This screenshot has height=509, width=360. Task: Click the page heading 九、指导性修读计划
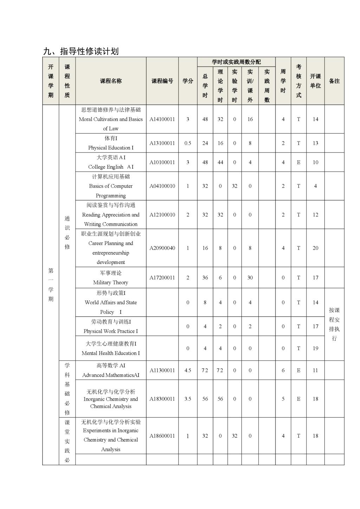pyautogui.click(x=81, y=51)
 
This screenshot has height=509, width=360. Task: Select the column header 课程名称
pyautogui.click(x=111, y=81)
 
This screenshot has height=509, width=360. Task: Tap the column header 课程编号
pyautogui.click(x=162, y=81)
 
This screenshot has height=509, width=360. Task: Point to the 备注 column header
pyautogui.click(x=334, y=81)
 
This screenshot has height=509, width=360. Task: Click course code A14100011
pyautogui.click(x=162, y=119)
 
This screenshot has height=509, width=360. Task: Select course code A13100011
pyautogui.click(x=162, y=143)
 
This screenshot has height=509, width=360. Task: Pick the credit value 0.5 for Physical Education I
pyautogui.click(x=188, y=143)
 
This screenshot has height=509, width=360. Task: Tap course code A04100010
pyautogui.click(x=162, y=186)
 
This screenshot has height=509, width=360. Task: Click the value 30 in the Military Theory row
pyautogui.click(x=250, y=278)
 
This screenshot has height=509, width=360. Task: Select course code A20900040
pyautogui.click(x=162, y=248)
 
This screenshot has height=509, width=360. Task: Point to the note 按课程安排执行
pyautogui.click(x=334, y=324)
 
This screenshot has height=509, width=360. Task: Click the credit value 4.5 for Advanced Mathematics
pyautogui.click(x=188, y=370)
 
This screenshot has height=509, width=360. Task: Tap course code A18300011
pyautogui.click(x=162, y=399)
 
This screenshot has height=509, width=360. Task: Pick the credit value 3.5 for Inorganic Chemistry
pyautogui.click(x=188, y=399)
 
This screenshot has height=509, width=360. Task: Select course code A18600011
pyautogui.click(x=162, y=436)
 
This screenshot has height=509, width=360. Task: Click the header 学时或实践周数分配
pyautogui.click(x=236, y=62)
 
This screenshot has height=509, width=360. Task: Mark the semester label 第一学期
pyautogui.click(x=51, y=285)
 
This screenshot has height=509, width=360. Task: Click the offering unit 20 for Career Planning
pyautogui.click(x=315, y=248)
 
